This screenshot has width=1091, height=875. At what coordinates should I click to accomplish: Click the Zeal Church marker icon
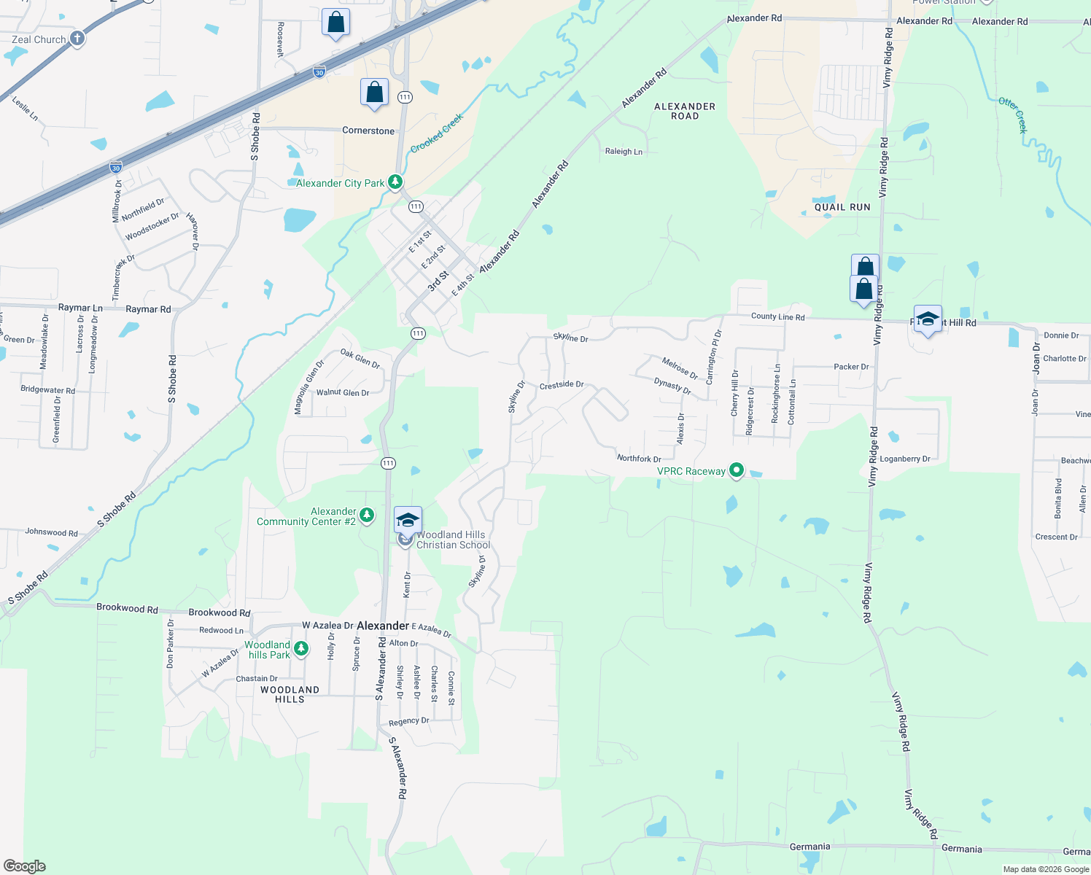[x=77, y=39]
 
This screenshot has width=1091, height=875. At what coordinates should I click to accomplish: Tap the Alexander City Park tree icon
[x=395, y=182]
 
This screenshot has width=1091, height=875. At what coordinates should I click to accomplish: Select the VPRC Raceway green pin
[x=737, y=471]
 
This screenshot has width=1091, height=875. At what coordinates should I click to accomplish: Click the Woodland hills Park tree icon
[x=300, y=649]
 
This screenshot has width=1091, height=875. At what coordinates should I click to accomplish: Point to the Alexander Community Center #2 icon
[x=367, y=516]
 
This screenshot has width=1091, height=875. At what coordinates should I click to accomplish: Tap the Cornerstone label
[x=368, y=131]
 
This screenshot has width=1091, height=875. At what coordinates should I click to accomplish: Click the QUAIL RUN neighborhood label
[x=842, y=207]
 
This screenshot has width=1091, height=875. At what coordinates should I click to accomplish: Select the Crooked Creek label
[x=437, y=133]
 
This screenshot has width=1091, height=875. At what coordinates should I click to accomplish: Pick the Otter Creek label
[x=1012, y=115]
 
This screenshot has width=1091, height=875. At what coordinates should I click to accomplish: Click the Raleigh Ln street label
[x=624, y=152]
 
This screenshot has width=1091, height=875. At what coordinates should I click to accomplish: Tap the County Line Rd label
[x=777, y=316]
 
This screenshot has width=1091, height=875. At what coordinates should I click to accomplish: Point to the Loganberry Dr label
[x=905, y=459]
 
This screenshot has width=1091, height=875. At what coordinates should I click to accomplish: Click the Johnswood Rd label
[x=51, y=532]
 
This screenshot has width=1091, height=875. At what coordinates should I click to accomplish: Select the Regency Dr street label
[x=408, y=722]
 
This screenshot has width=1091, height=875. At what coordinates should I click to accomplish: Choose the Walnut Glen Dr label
[x=343, y=392]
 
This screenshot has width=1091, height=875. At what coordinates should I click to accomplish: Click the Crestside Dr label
[x=562, y=384]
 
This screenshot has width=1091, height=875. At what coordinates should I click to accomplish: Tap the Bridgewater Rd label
[x=47, y=390]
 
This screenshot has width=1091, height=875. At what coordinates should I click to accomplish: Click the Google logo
[x=24, y=866]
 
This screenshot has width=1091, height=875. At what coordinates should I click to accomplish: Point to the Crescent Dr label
[x=1056, y=537]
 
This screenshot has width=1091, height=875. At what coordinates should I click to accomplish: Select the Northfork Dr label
[x=639, y=459]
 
